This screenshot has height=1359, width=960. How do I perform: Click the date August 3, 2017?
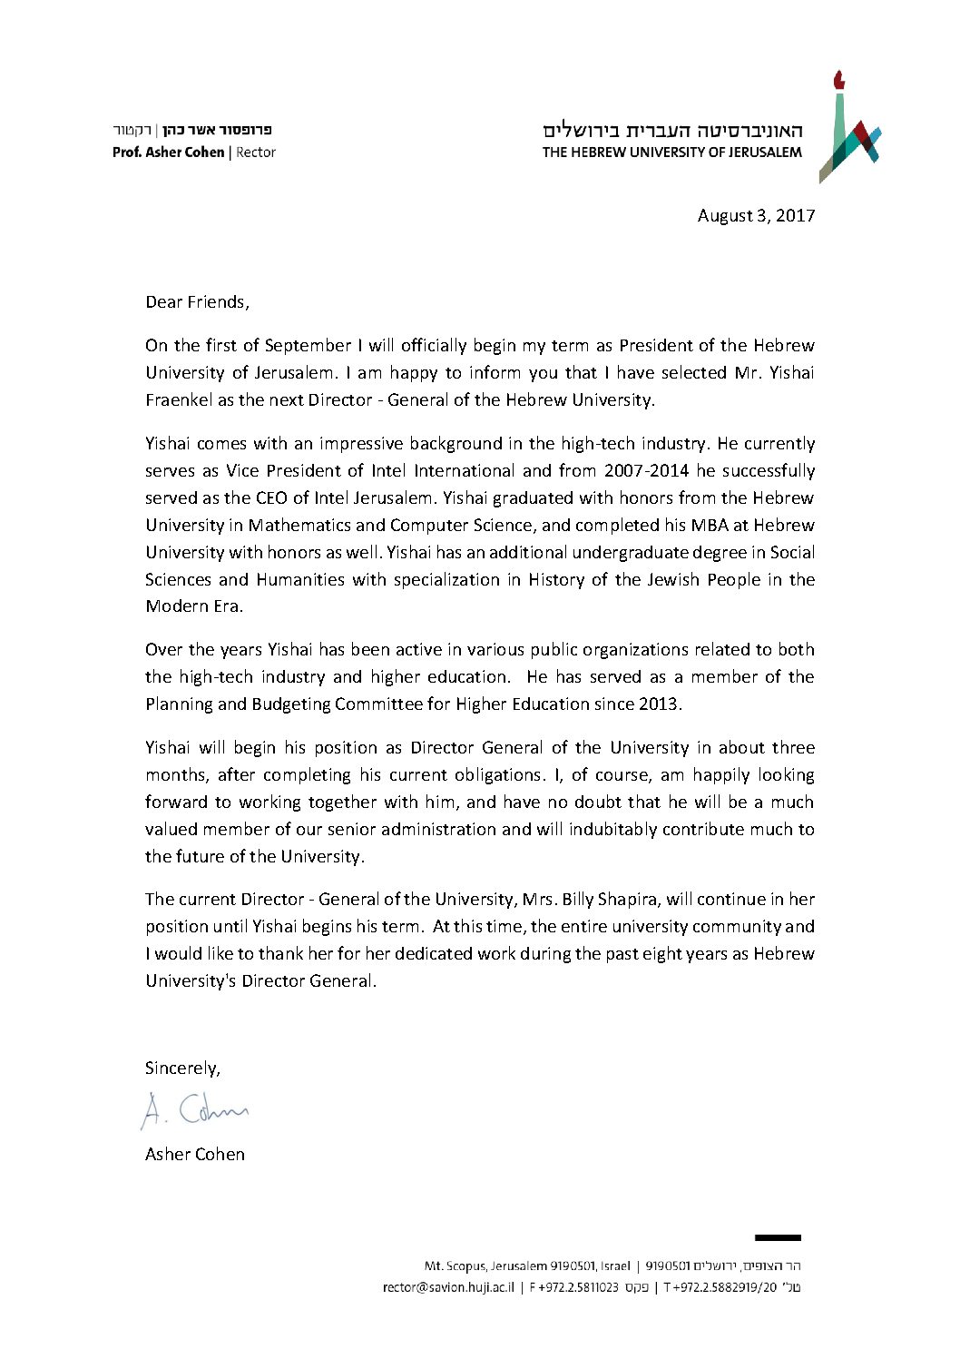756,215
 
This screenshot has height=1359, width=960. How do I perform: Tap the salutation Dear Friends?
196,302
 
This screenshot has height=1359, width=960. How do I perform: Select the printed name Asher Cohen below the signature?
195,1154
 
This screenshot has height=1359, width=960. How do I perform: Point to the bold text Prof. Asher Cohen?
168,153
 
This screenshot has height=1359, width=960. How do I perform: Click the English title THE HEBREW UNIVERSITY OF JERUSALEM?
671,153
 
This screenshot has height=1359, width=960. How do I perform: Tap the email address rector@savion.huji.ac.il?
448,1286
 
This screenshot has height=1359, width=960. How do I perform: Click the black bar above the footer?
778,1237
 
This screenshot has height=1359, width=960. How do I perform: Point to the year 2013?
659,704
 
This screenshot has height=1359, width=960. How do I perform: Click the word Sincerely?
181,1068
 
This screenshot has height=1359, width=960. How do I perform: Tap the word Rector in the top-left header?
256,153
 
